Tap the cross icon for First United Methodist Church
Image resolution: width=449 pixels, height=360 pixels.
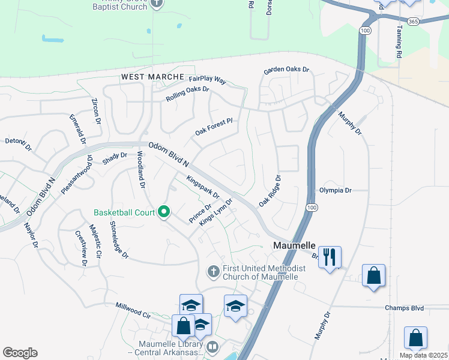(213, 272)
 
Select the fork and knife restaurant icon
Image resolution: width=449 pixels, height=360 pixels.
(330, 257)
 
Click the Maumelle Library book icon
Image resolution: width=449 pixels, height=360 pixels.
(212, 347)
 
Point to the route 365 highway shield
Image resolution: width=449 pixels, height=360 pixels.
(412, 21)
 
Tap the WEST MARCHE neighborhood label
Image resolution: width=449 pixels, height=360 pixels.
(152, 77)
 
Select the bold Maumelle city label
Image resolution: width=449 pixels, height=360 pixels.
(294, 245)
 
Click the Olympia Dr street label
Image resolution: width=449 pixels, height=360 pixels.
(335, 190)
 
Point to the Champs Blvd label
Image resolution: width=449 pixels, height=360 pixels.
(404, 308)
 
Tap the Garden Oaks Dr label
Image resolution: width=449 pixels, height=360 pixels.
(286, 70)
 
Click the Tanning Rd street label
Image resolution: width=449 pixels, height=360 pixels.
(399, 43)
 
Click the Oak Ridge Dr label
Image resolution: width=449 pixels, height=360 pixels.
(270, 191)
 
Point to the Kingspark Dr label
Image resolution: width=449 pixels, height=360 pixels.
(203, 187)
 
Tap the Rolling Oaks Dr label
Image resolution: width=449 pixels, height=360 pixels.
(188, 94)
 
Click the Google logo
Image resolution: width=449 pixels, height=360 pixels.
(20, 352)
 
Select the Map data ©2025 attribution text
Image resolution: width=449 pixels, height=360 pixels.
(423, 355)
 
